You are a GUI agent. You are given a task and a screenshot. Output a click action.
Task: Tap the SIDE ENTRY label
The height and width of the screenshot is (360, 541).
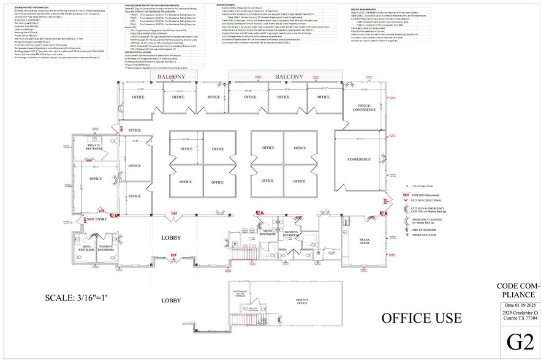pyautogui.click(x=97, y=219)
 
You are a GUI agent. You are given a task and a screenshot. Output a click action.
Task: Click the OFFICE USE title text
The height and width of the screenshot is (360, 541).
pyautogui.click(x=422, y=318)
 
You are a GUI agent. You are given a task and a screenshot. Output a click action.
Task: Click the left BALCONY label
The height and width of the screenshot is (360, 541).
pyautogui.click(x=172, y=77)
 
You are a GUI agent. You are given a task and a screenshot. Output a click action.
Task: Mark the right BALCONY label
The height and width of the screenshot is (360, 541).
pyautogui.click(x=289, y=77)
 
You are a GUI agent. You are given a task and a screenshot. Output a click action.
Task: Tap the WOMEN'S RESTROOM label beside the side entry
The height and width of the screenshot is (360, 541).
pyautogui.click(x=106, y=249)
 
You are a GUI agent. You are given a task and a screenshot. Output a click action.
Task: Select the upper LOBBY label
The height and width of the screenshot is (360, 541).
pyautogui.click(x=172, y=238)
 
